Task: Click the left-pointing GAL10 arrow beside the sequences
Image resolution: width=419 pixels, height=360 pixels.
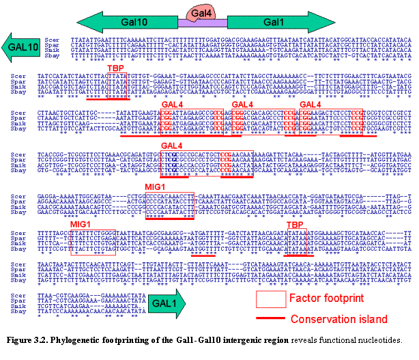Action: click(20, 47)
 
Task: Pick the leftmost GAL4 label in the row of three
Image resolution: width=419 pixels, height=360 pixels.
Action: click(173, 103)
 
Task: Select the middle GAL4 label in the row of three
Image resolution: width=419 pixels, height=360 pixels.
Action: click(242, 103)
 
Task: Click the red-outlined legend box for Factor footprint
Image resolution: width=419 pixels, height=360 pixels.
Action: click(270, 299)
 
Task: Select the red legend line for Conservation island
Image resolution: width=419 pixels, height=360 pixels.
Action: click(270, 319)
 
